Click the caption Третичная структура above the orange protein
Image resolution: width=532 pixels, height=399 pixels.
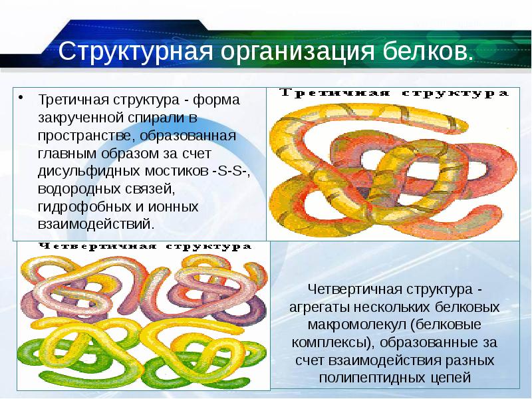[392, 94]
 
